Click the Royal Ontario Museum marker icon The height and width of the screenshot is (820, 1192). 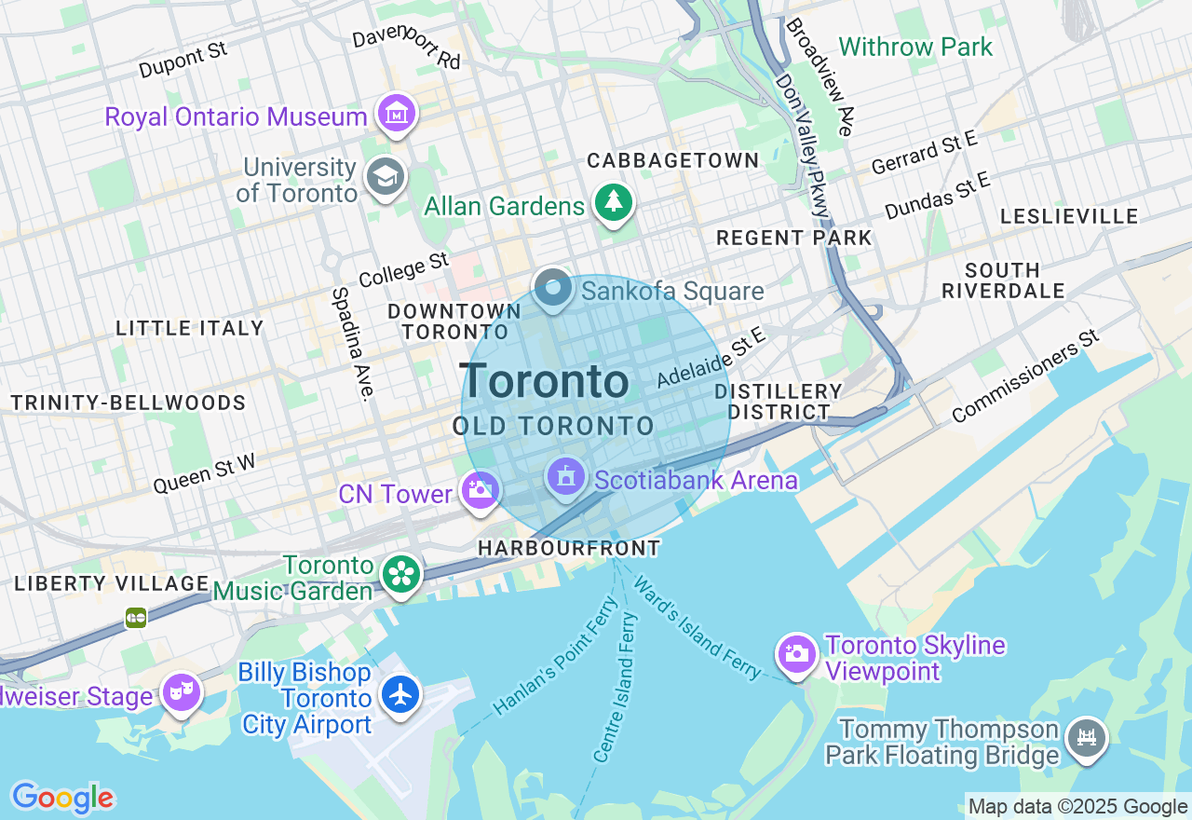397,114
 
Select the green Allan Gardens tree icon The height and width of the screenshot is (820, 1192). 613,202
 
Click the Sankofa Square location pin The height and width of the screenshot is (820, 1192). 553,289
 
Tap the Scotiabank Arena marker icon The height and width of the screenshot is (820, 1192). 565,478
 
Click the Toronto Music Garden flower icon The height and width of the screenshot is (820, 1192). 401,574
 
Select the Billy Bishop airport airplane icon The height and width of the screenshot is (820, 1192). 401,694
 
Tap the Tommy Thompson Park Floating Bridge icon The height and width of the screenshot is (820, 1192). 1086,739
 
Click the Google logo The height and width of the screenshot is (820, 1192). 62,798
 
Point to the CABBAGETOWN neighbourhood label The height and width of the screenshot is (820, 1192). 672,160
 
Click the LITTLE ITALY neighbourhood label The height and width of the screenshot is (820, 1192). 190,328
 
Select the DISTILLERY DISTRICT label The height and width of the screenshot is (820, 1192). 779,402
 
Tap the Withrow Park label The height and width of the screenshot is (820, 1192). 915,47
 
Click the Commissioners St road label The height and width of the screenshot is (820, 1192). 1026,376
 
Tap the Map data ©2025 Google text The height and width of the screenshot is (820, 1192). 1077,807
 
